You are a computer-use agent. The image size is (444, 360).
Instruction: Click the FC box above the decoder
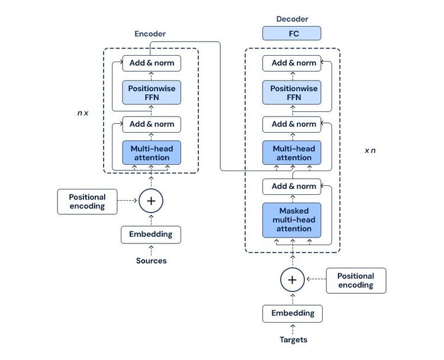pyautogui.click(x=292, y=33)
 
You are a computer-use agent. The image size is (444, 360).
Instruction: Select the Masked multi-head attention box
pyautogui.click(x=292, y=220)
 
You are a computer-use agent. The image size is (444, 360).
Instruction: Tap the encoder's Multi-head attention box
pyautogui.click(x=151, y=153)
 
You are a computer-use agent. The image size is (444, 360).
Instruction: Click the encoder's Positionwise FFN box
pyautogui.click(x=151, y=93)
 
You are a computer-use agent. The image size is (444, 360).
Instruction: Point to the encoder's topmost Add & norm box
pyautogui.click(x=151, y=63)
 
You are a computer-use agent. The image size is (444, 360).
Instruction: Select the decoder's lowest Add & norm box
pyautogui.click(x=292, y=186)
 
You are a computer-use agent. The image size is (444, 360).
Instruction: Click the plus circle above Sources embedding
pyautogui.click(x=151, y=201)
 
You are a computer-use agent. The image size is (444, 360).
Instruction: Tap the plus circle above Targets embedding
pyautogui.click(x=292, y=279)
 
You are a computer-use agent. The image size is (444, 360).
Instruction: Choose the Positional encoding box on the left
pyautogui.click(x=87, y=201)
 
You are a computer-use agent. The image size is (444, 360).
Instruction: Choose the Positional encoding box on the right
pyautogui.click(x=356, y=280)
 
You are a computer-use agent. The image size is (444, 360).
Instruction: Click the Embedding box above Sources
pyautogui.click(x=151, y=234)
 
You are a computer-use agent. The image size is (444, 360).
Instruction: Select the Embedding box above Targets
pyautogui.click(x=292, y=313)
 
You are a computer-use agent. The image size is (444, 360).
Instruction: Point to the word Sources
pyautogui.click(x=151, y=261)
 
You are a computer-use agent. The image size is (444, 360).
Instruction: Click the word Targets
pyautogui.click(x=293, y=340)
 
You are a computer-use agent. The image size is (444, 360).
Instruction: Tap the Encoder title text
pyautogui.click(x=150, y=34)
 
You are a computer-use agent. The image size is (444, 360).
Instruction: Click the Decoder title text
pyautogui.click(x=292, y=19)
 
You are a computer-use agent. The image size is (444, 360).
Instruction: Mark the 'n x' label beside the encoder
pyautogui.click(x=83, y=112)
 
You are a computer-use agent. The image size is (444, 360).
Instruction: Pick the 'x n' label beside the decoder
pyautogui.click(x=370, y=150)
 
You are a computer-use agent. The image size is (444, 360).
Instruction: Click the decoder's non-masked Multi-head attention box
pyautogui.click(x=292, y=153)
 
